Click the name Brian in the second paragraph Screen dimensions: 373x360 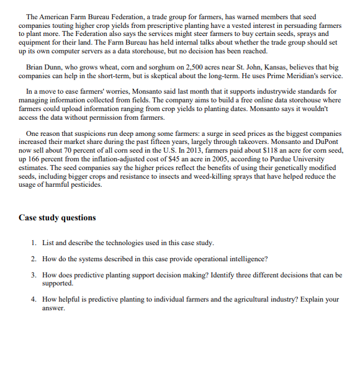tap(36, 66)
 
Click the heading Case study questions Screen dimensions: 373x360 tap(57, 218)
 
